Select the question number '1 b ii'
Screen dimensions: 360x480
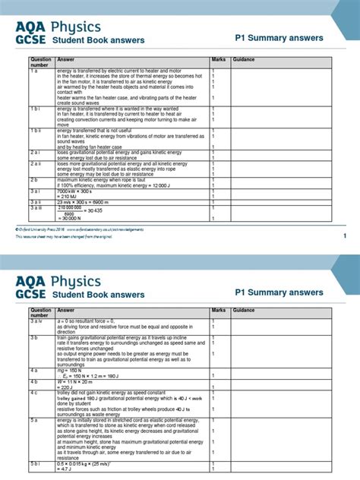coord(37,131)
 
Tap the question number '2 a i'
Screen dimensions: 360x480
coord(36,152)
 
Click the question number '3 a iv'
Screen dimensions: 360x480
coord(36,322)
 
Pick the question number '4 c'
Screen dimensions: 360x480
coord(34,392)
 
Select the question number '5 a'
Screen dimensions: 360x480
coord(34,418)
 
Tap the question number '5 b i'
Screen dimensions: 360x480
coord(36,462)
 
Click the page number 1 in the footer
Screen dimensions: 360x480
coord(344,236)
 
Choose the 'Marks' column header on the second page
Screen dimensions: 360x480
coord(219,311)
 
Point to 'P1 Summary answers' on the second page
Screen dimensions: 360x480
coord(279,292)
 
